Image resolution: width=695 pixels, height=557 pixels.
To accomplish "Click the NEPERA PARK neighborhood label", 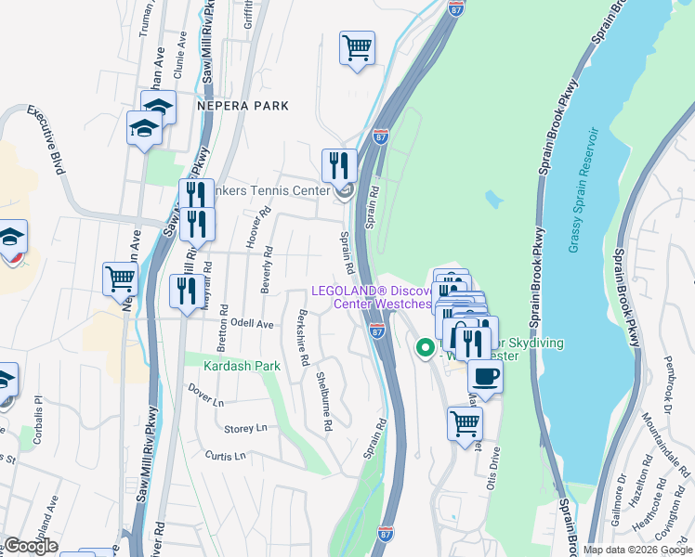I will pos(243,107).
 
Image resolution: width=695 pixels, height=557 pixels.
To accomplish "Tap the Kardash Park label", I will pos(242,367).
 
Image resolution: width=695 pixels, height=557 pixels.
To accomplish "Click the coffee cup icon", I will pos(484,377).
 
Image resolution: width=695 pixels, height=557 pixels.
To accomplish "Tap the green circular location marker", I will pos(425,349).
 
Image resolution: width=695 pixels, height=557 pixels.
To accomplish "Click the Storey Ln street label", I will pos(246,428).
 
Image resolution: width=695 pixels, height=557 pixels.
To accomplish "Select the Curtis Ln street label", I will pos(226,456).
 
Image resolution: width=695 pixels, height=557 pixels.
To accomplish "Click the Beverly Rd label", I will pos(267,268).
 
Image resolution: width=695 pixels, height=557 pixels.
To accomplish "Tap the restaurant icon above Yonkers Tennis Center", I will pos(339,165).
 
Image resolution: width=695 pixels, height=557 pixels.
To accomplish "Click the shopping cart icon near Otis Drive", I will pos(465,423).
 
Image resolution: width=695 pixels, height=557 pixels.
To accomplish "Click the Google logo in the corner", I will pos(31,547).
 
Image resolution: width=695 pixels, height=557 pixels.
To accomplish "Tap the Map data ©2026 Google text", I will pos(636,550).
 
